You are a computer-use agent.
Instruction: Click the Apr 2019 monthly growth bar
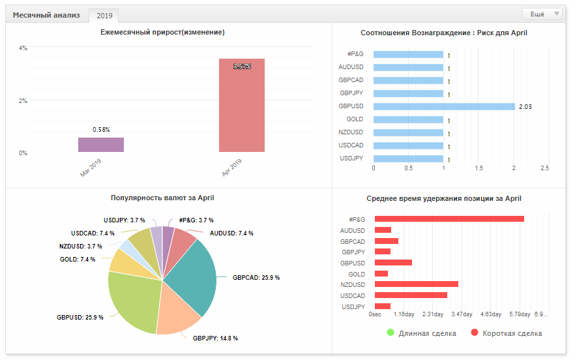click(242, 105)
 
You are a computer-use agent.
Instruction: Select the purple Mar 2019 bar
click(101, 145)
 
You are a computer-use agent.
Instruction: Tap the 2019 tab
click(104, 16)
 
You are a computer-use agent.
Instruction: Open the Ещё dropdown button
click(542, 14)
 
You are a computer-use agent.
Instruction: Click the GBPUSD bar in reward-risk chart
click(444, 106)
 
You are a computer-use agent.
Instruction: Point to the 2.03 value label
click(525, 107)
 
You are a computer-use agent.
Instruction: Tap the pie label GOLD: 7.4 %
click(78, 260)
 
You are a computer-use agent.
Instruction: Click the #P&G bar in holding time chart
click(449, 219)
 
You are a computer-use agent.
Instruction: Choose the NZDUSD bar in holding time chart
click(416, 284)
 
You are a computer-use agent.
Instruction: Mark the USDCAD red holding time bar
click(411, 295)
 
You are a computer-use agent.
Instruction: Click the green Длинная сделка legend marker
click(390, 333)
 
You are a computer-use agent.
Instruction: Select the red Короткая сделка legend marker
click(475, 333)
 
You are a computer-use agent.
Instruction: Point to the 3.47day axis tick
click(462, 314)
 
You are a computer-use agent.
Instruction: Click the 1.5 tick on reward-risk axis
click(479, 168)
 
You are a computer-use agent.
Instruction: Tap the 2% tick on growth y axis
click(23, 101)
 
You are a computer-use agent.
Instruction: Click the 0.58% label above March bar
click(101, 130)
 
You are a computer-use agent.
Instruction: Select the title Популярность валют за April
click(162, 198)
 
